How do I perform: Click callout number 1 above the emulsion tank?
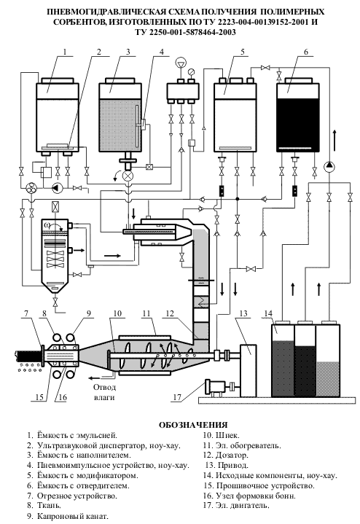pyautogui.click(x=65, y=52)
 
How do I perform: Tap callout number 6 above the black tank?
pyautogui.click(x=306, y=52)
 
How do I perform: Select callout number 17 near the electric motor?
pyautogui.click(x=177, y=397)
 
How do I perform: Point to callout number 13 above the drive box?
pyautogui.click(x=243, y=313)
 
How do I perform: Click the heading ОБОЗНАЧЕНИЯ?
pyautogui.click(x=193, y=425)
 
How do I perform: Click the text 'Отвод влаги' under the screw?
pyautogui.click(x=105, y=392)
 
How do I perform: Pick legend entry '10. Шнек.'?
pyautogui.click(x=221, y=435)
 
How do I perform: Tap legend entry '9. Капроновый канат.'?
pyautogui.click(x=68, y=516)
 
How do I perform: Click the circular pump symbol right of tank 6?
pyautogui.click(x=329, y=165)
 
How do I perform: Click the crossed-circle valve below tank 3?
pyautogui.click(x=128, y=176)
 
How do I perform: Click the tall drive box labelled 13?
pyautogui.click(x=249, y=371)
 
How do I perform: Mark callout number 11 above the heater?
pyautogui.click(x=146, y=313)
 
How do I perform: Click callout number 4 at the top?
pyautogui.click(x=162, y=52)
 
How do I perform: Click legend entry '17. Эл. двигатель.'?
pyautogui.click(x=236, y=505)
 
